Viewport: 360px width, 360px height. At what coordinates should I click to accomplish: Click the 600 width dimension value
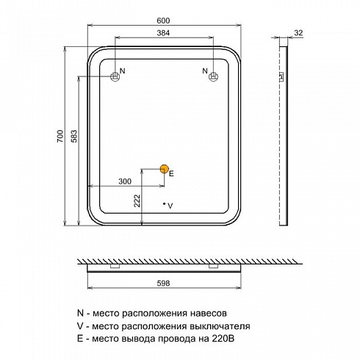tap(163, 21)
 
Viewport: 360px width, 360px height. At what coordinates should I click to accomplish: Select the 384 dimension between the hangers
tap(163, 33)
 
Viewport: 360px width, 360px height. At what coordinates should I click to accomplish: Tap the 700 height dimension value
tap(60, 136)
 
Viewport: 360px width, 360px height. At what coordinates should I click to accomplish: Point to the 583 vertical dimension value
tap(74, 136)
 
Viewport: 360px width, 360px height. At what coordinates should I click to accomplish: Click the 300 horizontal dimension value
tap(125, 181)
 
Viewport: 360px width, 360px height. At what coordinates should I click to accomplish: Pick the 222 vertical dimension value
tap(137, 201)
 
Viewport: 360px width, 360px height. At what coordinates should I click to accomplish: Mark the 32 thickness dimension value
tap(298, 32)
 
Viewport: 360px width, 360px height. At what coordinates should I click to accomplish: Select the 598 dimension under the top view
tap(163, 283)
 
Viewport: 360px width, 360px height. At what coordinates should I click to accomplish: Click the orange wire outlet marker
tap(164, 169)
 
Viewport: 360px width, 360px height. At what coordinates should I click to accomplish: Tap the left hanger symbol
tap(115, 76)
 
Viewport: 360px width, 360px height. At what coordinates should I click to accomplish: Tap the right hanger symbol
tap(213, 76)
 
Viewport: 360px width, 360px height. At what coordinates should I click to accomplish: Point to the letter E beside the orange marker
tap(171, 173)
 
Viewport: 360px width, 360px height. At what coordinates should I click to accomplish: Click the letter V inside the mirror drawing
tap(170, 206)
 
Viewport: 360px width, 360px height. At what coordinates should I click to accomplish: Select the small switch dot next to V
tap(164, 204)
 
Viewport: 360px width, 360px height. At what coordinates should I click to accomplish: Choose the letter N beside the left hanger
tap(123, 71)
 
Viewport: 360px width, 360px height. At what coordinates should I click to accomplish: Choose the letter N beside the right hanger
tap(205, 71)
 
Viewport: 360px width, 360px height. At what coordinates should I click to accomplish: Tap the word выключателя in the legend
tap(220, 326)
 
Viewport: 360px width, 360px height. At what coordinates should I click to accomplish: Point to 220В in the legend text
tap(223, 339)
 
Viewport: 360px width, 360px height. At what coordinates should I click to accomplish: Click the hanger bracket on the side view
tap(281, 76)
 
